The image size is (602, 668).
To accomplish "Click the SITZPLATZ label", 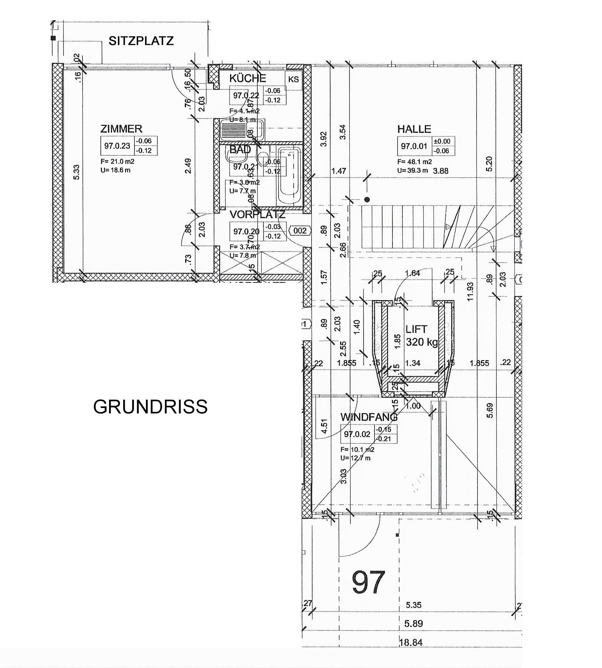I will tap(141, 41).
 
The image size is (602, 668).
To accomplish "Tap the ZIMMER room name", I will tap(121, 129).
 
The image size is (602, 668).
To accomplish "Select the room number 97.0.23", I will tap(117, 146).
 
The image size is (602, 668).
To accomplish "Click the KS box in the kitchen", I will tap(293, 79).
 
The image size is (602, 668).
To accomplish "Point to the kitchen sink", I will tap(242, 130).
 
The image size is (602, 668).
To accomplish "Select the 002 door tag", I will tap(300, 230).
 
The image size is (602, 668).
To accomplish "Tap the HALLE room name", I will tap(414, 129).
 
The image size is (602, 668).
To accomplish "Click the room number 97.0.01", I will tap(414, 146).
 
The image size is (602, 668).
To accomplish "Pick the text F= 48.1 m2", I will tap(415, 162).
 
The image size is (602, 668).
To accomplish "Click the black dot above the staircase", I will tap(367, 200).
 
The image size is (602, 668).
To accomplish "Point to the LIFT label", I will tap(417, 329).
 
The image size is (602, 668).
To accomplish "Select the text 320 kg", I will tap(422, 342).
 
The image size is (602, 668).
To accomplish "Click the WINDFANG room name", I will tap(369, 417).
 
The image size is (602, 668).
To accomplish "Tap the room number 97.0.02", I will tap(357, 434).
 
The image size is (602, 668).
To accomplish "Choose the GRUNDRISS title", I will tap(150, 407).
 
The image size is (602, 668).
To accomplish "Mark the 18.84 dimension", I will tap(411, 643).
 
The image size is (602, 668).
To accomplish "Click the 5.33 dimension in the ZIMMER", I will tap(76, 172).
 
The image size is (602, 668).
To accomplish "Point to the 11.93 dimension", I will tap(470, 291).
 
